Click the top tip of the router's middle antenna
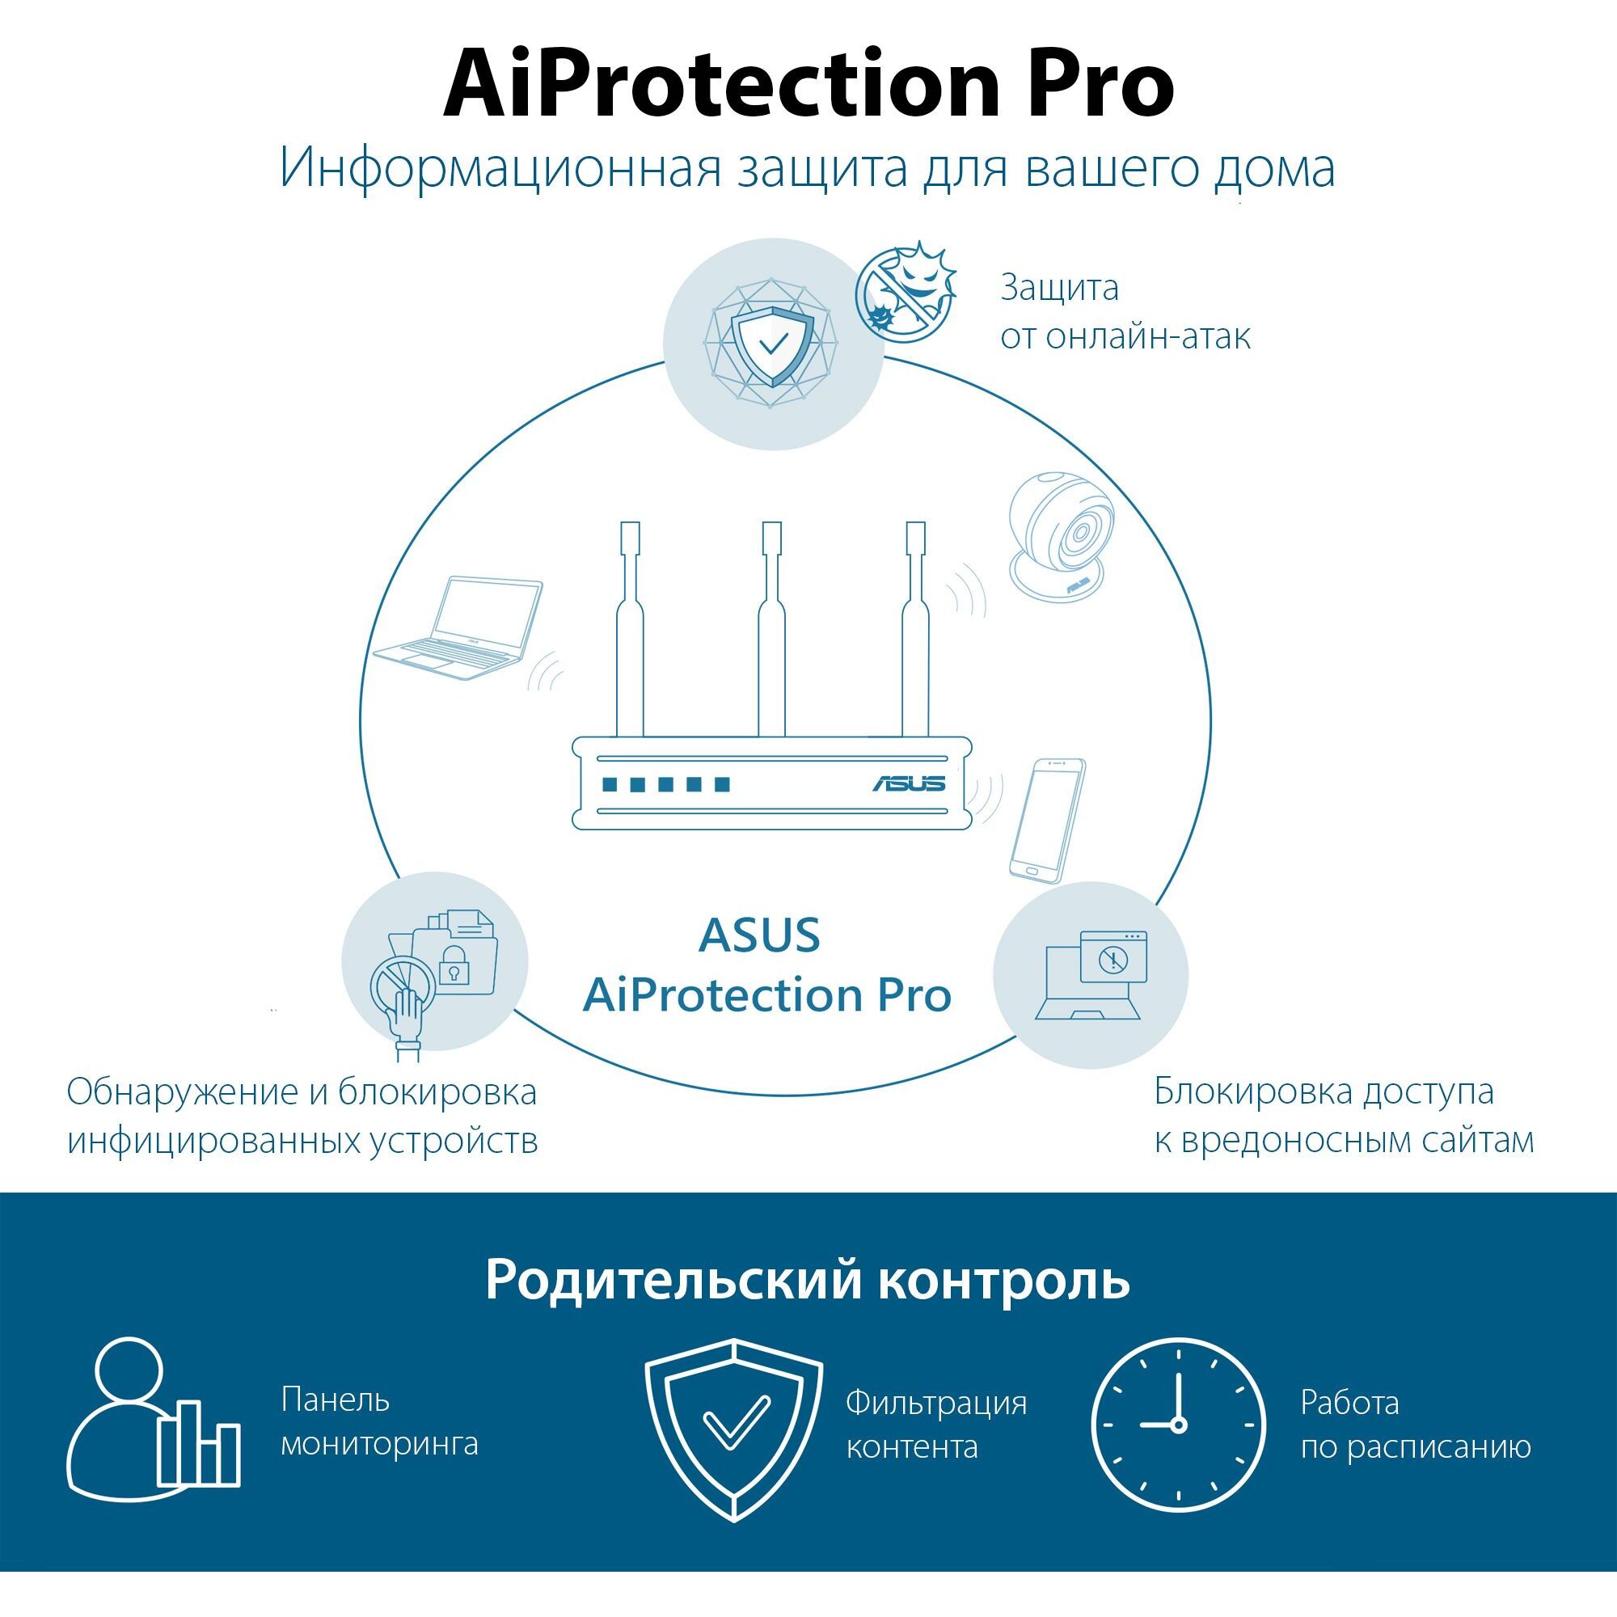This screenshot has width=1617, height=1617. (x=771, y=522)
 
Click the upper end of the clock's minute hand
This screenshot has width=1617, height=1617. (x=1179, y=1374)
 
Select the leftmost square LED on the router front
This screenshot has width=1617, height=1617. (x=610, y=784)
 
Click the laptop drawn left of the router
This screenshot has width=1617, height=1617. (x=457, y=627)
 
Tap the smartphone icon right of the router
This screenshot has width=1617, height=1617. (x=1047, y=819)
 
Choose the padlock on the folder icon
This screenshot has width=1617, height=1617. (x=453, y=967)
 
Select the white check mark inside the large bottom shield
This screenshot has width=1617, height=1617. (x=736, y=1422)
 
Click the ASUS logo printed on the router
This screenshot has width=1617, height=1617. (x=909, y=783)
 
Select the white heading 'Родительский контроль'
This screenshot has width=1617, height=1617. (x=808, y=1279)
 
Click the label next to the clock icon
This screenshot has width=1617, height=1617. (x=1416, y=1425)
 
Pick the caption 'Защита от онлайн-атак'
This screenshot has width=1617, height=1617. (x=1125, y=311)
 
